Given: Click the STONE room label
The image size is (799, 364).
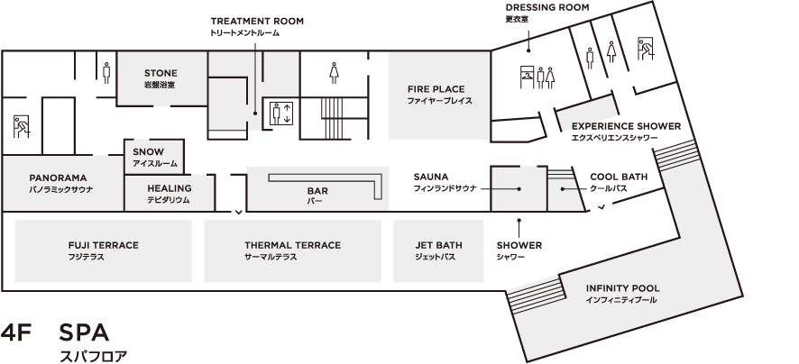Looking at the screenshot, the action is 161,73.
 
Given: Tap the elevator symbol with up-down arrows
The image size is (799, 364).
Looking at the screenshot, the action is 281,113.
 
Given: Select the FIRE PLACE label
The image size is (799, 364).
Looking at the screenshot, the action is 436,89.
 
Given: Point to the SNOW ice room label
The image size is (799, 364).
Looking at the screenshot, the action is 148,151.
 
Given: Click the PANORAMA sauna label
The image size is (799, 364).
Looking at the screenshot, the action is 58,177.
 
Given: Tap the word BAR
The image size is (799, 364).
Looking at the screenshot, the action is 317,191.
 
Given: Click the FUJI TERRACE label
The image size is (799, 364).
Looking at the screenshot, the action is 104,245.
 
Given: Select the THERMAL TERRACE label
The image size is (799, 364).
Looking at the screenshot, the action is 292,245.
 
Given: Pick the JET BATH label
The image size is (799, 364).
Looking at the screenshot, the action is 438,245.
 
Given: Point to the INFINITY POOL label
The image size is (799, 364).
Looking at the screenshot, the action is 622,288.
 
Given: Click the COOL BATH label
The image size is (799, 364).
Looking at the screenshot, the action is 619,177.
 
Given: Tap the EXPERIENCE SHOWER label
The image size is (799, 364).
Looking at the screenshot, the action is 626,126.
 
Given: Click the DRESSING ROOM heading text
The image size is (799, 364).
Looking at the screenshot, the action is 547,7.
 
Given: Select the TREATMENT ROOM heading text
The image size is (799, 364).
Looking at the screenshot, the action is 257,21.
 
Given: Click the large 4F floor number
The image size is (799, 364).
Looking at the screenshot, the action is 16,332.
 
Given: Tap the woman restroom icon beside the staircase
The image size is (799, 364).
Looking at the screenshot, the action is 334,73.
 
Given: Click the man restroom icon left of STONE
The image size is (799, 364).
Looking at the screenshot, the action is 106,73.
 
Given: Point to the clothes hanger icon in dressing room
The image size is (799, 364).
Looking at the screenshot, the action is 527,77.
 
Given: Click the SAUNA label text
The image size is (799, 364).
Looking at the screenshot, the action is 431,177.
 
